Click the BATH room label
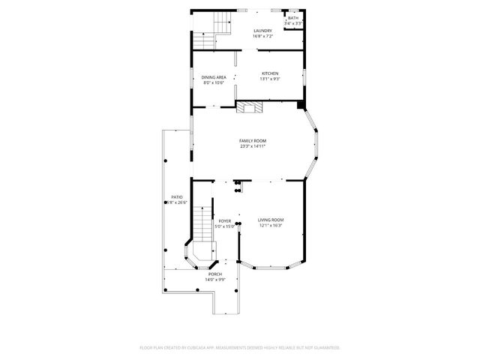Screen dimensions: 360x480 (x=293, y=17)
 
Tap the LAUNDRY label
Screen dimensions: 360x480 (x=262, y=31)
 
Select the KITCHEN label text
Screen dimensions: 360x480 (x=269, y=73)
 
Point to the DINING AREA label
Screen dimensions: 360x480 (x=214, y=77)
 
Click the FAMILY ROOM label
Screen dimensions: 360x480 (x=253, y=141)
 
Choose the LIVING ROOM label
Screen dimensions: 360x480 (x=271, y=220)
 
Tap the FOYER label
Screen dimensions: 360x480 (x=224, y=221)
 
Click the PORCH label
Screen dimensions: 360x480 (x=216, y=274)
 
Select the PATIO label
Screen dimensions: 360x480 (x=177, y=197)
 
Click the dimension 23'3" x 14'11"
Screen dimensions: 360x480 (x=253, y=146)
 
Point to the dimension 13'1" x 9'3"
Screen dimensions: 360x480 (x=269, y=79)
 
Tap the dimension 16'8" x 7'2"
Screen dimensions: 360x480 (x=262, y=36)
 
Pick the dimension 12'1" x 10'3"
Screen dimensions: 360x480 (x=271, y=225)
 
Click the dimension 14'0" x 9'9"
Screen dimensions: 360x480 (x=216, y=280)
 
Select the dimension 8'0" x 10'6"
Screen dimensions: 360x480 (x=214, y=82)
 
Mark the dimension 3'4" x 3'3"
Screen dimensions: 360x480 (x=293, y=23)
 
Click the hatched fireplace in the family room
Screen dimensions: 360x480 (x=250, y=106)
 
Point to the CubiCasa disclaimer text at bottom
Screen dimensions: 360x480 (x=240, y=348)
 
